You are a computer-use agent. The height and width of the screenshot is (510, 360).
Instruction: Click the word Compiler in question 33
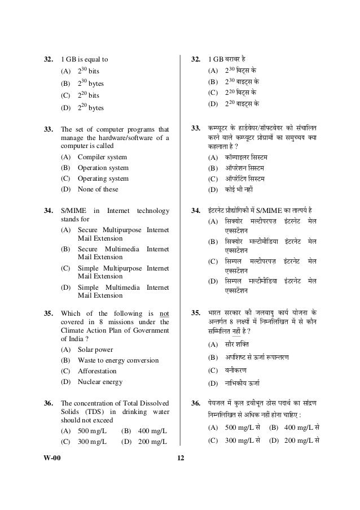coord(93,157)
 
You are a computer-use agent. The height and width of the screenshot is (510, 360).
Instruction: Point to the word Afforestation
coord(97,371)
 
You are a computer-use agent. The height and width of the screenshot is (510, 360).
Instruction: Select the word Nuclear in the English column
coord(90,382)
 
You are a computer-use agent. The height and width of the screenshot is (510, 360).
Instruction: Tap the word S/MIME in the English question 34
coord(73,211)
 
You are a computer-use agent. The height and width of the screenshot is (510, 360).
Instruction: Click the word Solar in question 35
coord(86,349)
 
